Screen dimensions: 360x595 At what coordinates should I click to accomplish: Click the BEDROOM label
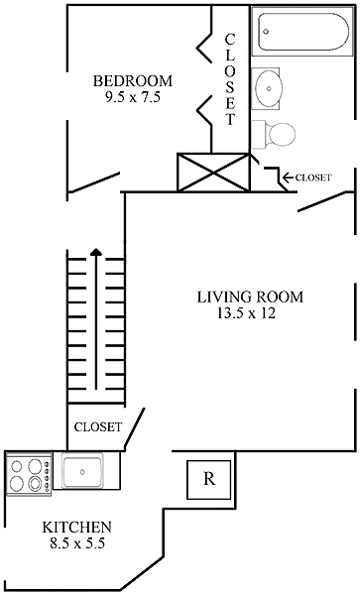[133, 81]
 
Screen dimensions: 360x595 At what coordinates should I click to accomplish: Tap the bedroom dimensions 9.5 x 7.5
[133, 97]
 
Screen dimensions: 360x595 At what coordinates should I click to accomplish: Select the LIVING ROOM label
[250, 297]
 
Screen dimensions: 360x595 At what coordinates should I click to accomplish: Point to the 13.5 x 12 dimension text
[246, 313]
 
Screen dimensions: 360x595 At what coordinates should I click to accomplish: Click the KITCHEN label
[77, 528]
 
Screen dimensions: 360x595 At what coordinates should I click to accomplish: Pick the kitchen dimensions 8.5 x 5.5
[77, 543]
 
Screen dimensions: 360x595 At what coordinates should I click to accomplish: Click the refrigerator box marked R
[209, 479]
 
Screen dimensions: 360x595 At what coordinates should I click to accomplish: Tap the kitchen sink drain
[82, 472]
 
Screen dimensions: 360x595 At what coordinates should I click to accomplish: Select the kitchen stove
[29, 473]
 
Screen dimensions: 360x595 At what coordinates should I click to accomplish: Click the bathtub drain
[267, 32]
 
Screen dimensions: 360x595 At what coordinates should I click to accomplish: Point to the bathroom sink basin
[269, 88]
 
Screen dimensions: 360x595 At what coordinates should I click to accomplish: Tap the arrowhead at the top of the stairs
[96, 251]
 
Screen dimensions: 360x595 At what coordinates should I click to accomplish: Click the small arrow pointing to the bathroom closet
[288, 177]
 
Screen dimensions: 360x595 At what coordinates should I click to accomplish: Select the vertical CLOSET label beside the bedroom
[230, 79]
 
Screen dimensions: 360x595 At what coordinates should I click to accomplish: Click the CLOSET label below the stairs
[98, 426]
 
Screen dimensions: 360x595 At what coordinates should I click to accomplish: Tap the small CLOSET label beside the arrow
[313, 178]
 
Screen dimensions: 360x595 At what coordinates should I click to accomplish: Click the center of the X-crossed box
[214, 173]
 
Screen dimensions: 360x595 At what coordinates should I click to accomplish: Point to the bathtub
[303, 32]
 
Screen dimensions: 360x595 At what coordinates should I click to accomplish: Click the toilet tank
[260, 133]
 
